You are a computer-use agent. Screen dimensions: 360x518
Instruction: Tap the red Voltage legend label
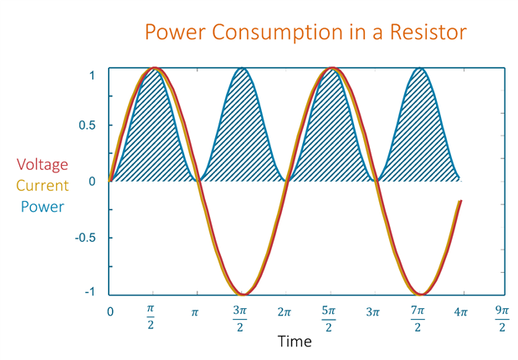pyautogui.click(x=43, y=164)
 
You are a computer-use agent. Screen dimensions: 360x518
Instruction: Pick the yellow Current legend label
pyautogui.click(x=43, y=185)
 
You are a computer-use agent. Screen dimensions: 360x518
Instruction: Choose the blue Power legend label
pyautogui.click(x=43, y=206)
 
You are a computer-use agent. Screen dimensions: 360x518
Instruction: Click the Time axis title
pyautogui.click(x=295, y=341)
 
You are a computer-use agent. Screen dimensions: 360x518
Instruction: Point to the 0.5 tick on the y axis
pyautogui.click(x=88, y=126)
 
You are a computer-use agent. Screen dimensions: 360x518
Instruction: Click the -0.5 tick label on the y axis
pyautogui.click(x=85, y=237)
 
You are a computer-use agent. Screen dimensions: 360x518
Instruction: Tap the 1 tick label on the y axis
pyautogui.click(x=92, y=76)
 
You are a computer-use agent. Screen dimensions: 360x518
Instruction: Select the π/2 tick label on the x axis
pyautogui.click(x=151, y=317)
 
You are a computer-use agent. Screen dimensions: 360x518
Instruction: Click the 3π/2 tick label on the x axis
pyautogui.click(x=239, y=317)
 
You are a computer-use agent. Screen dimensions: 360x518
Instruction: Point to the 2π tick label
pyautogui.click(x=284, y=312)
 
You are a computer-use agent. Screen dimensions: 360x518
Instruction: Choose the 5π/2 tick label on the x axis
pyautogui.click(x=328, y=317)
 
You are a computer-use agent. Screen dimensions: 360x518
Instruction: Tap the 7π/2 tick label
pyautogui.click(x=417, y=317)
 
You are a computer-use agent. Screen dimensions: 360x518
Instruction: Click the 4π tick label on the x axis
pyautogui.click(x=460, y=312)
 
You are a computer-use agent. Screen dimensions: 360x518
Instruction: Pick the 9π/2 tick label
pyautogui.click(x=501, y=317)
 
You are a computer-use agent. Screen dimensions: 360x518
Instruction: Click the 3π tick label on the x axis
pyautogui.click(x=372, y=312)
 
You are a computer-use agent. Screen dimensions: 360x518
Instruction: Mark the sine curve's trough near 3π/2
pyautogui.click(x=242, y=294)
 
